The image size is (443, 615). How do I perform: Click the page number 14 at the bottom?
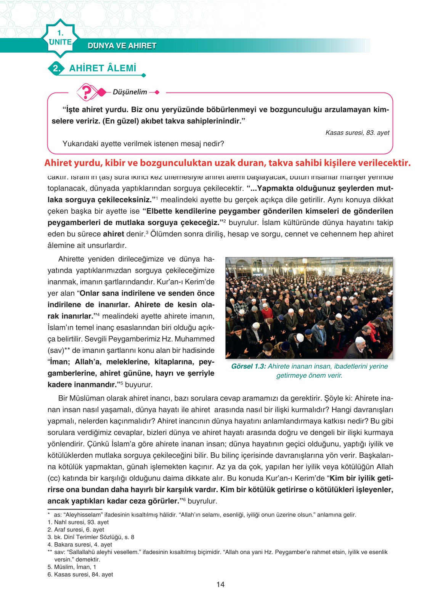tap(220, 584)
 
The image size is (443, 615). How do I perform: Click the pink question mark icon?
tap(87, 92)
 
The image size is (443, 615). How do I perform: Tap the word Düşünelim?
tap(130, 92)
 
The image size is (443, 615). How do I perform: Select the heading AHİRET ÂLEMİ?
tap(103, 69)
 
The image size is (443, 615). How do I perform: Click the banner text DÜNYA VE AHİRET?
tap(122, 46)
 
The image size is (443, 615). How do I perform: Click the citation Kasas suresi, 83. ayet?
tap(357, 133)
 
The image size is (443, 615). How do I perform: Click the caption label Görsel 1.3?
tap(248, 366)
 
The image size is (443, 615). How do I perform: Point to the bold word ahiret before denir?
tap(113, 234)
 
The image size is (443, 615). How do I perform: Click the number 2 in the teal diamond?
tap(56, 69)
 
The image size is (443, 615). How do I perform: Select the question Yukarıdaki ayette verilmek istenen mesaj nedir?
tap(143, 144)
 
